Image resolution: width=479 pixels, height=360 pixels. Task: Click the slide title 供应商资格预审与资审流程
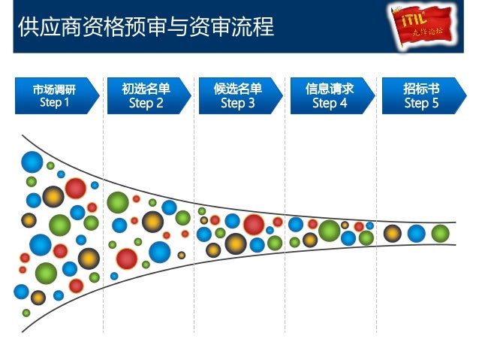(146, 27)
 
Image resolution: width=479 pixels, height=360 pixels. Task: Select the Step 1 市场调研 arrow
(55, 95)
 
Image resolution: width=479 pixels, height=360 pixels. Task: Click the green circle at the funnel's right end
(441, 234)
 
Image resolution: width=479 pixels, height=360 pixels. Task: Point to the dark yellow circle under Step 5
(393, 234)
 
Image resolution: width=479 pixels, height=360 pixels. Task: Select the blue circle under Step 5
(417, 234)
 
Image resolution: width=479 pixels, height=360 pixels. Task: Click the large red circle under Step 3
(254, 224)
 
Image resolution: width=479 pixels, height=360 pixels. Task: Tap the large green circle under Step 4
(329, 230)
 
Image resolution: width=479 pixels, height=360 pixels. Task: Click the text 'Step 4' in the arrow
(330, 103)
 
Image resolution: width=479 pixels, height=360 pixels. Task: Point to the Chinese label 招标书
(421, 89)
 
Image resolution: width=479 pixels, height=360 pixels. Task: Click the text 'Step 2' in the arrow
(146, 103)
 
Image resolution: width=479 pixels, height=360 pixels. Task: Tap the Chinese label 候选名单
(238, 89)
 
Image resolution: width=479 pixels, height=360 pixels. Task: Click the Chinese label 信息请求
(330, 89)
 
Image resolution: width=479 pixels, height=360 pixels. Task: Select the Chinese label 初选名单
(146, 89)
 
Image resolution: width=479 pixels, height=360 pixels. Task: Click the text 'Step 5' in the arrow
(421, 103)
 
